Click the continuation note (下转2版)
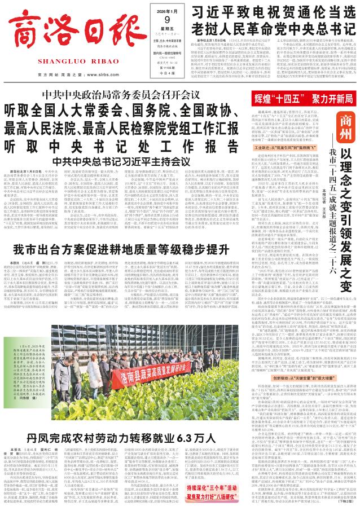click(x=344, y=499)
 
